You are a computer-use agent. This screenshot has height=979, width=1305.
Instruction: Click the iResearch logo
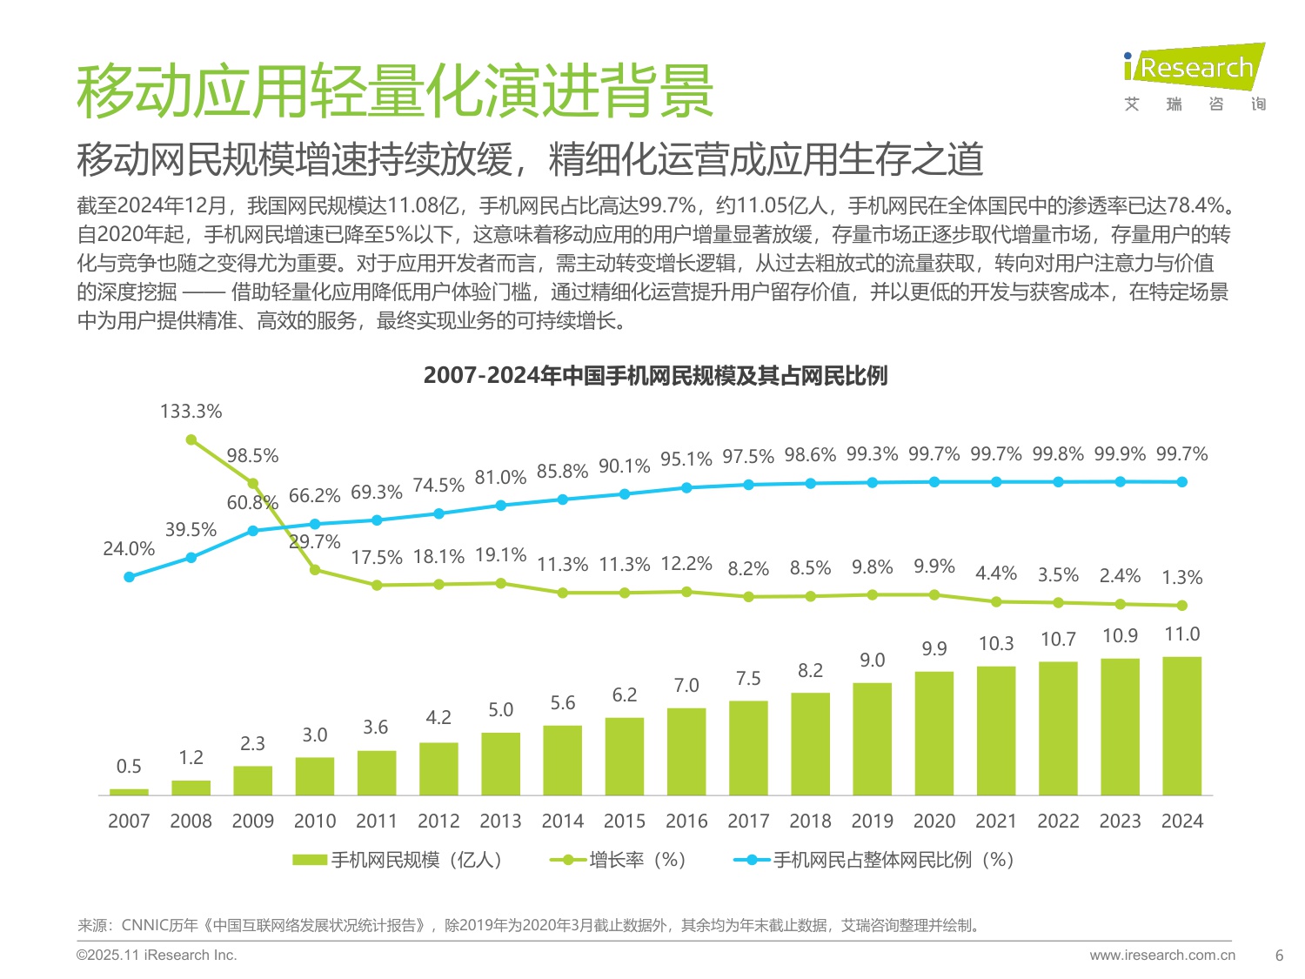(1194, 77)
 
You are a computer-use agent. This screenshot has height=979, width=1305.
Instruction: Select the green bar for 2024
(1181, 726)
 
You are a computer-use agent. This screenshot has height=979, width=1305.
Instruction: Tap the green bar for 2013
(500, 764)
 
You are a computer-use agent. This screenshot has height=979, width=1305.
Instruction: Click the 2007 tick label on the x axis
(129, 821)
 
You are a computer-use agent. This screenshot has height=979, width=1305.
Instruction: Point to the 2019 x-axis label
(872, 821)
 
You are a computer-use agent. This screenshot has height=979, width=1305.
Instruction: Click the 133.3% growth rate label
(191, 411)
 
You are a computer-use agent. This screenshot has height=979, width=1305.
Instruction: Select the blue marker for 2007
(130, 577)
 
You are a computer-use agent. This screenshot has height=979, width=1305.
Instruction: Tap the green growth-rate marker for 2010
(315, 570)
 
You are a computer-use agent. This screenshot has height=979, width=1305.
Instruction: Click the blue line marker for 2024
(1181, 482)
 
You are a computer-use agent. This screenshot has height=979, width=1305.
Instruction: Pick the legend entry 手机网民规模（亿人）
(398, 860)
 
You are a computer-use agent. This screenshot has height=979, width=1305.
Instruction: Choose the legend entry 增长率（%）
(619, 860)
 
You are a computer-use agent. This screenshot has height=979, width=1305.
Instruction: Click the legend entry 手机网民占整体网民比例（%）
(875, 860)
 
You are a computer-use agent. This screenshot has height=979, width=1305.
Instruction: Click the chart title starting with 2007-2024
(655, 376)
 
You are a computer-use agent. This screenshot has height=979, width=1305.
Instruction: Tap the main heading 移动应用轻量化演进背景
(395, 91)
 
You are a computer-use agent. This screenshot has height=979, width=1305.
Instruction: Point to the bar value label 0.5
(129, 766)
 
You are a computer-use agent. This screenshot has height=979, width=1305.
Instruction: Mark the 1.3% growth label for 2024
(1181, 577)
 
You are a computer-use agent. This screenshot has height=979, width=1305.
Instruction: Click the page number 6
(1279, 955)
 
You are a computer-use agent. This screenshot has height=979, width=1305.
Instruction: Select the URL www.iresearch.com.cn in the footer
(1161, 955)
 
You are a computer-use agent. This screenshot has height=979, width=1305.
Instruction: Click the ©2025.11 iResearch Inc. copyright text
(157, 955)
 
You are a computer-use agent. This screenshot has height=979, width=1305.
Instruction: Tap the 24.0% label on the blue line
(129, 549)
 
